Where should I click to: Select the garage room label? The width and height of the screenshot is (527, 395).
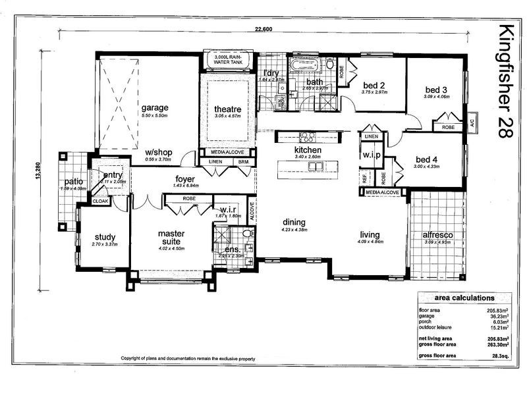tap(155, 108)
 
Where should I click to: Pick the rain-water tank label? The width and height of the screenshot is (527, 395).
tap(227, 62)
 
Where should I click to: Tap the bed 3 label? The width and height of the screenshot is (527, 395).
tap(436, 90)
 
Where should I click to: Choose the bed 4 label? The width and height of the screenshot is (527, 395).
tap(427, 159)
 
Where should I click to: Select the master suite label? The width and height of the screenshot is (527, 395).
tap(171, 238)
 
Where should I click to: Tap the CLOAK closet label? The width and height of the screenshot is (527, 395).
tap(101, 201)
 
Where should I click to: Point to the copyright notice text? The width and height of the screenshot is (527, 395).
tap(188, 359)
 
